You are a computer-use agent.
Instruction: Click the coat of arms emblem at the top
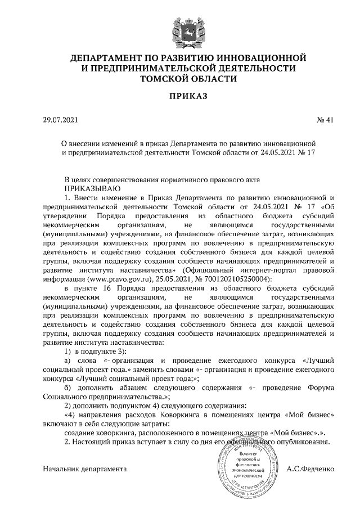(x=180, y=29)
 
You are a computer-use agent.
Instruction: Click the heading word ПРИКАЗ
(x=180, y=97)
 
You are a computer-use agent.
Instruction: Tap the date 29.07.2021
(x=62, y=120)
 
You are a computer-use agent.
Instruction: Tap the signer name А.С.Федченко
(x=310, y=468)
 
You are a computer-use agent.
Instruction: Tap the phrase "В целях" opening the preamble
(x=77, y=179)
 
